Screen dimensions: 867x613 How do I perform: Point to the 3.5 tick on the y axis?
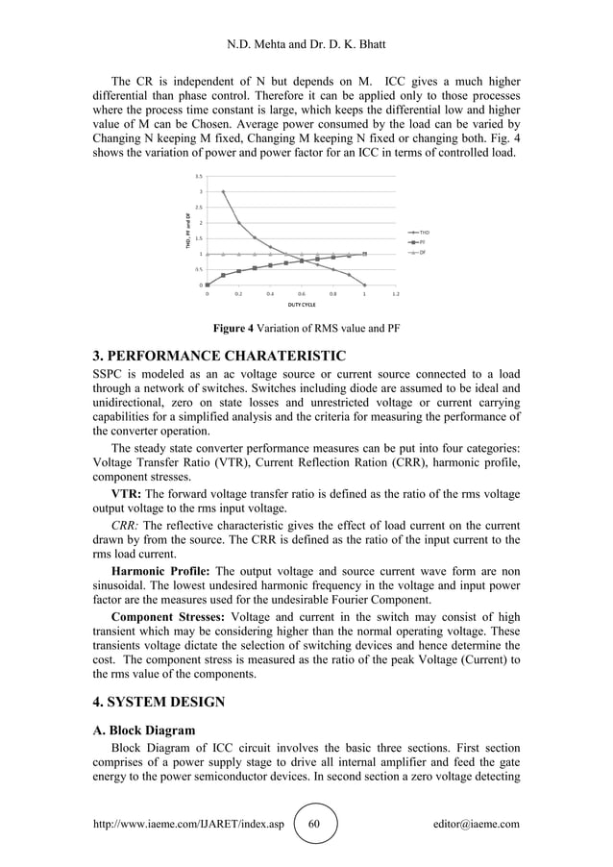(x=199, y=177)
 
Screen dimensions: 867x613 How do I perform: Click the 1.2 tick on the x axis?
(x=396, y=293)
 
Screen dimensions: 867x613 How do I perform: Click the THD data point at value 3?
(x=223, y=192)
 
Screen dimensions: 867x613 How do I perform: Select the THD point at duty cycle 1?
(x=364, y=285)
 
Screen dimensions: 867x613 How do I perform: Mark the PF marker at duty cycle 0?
(x=208, y=285)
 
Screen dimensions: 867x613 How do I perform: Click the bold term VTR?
(x=130, y=491)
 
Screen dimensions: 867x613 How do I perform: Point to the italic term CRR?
(x=130, y=526)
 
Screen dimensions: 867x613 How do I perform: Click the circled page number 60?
(x=317, y=824)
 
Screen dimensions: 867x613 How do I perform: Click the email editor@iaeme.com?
(x=477, y=824)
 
